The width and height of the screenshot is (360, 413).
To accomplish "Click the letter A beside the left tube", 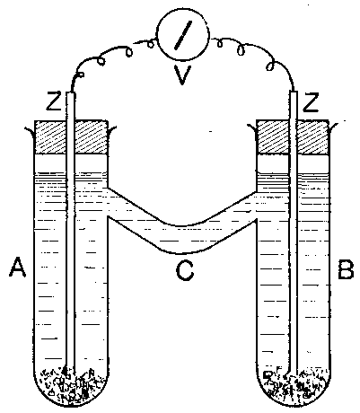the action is [x=18, y=268].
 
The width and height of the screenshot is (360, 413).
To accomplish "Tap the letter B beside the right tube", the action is [x=346, y=269].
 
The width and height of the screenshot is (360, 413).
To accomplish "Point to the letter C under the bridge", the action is [x=184, y=271].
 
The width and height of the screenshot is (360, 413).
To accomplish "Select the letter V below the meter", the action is [x=182, y=75].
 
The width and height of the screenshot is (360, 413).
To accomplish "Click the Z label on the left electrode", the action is [x=54, y=102].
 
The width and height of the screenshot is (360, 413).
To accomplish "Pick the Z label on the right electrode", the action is [x=310, y=102].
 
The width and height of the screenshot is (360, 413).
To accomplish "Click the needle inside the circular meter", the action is [x=182, y=34].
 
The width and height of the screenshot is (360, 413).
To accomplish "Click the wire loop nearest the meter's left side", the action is [x=151, y=44].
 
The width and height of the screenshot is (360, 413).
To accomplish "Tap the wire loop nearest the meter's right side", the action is [x=220, y=44].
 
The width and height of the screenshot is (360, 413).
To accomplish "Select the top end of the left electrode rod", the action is [x=71, y=92].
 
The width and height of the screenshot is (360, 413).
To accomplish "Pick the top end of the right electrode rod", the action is [x=294, y=92].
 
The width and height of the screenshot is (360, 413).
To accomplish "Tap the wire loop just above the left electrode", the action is [x=81, y=74].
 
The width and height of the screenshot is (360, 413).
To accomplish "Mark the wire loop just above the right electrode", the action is [x=271, y=66].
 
